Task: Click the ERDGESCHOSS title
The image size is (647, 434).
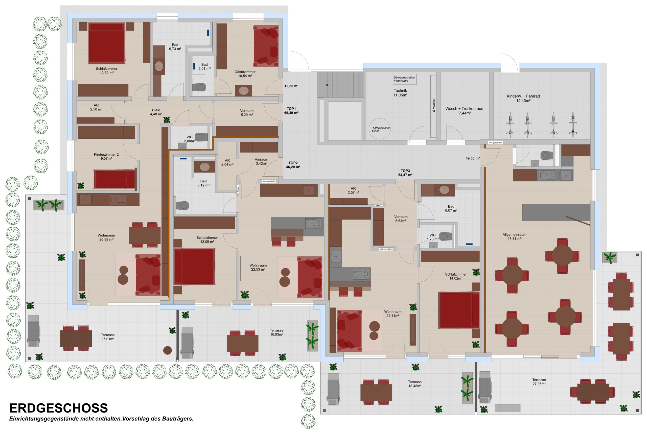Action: click(58, 408)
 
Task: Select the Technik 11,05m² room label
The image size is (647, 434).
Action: click(400, 93)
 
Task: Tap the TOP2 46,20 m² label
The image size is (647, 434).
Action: click(293, 165)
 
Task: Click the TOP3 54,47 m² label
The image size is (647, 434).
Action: click(405, 173)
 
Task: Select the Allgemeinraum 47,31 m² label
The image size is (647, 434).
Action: click(514, 237)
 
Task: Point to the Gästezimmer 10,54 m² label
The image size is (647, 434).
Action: click(245, 74)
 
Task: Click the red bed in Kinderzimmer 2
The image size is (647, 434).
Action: click(114, 179)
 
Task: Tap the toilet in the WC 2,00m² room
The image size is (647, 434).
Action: click(201, 137)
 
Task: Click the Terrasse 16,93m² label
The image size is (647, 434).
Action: click(276, 332)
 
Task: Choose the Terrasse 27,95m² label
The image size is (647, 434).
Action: click(539, 382)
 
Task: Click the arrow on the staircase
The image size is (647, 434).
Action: click(328, 85)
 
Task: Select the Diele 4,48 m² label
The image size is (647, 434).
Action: click(156, 112)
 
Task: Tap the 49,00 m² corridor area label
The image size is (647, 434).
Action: click(473, 158)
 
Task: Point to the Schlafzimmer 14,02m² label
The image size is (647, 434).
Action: click(456, 276)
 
